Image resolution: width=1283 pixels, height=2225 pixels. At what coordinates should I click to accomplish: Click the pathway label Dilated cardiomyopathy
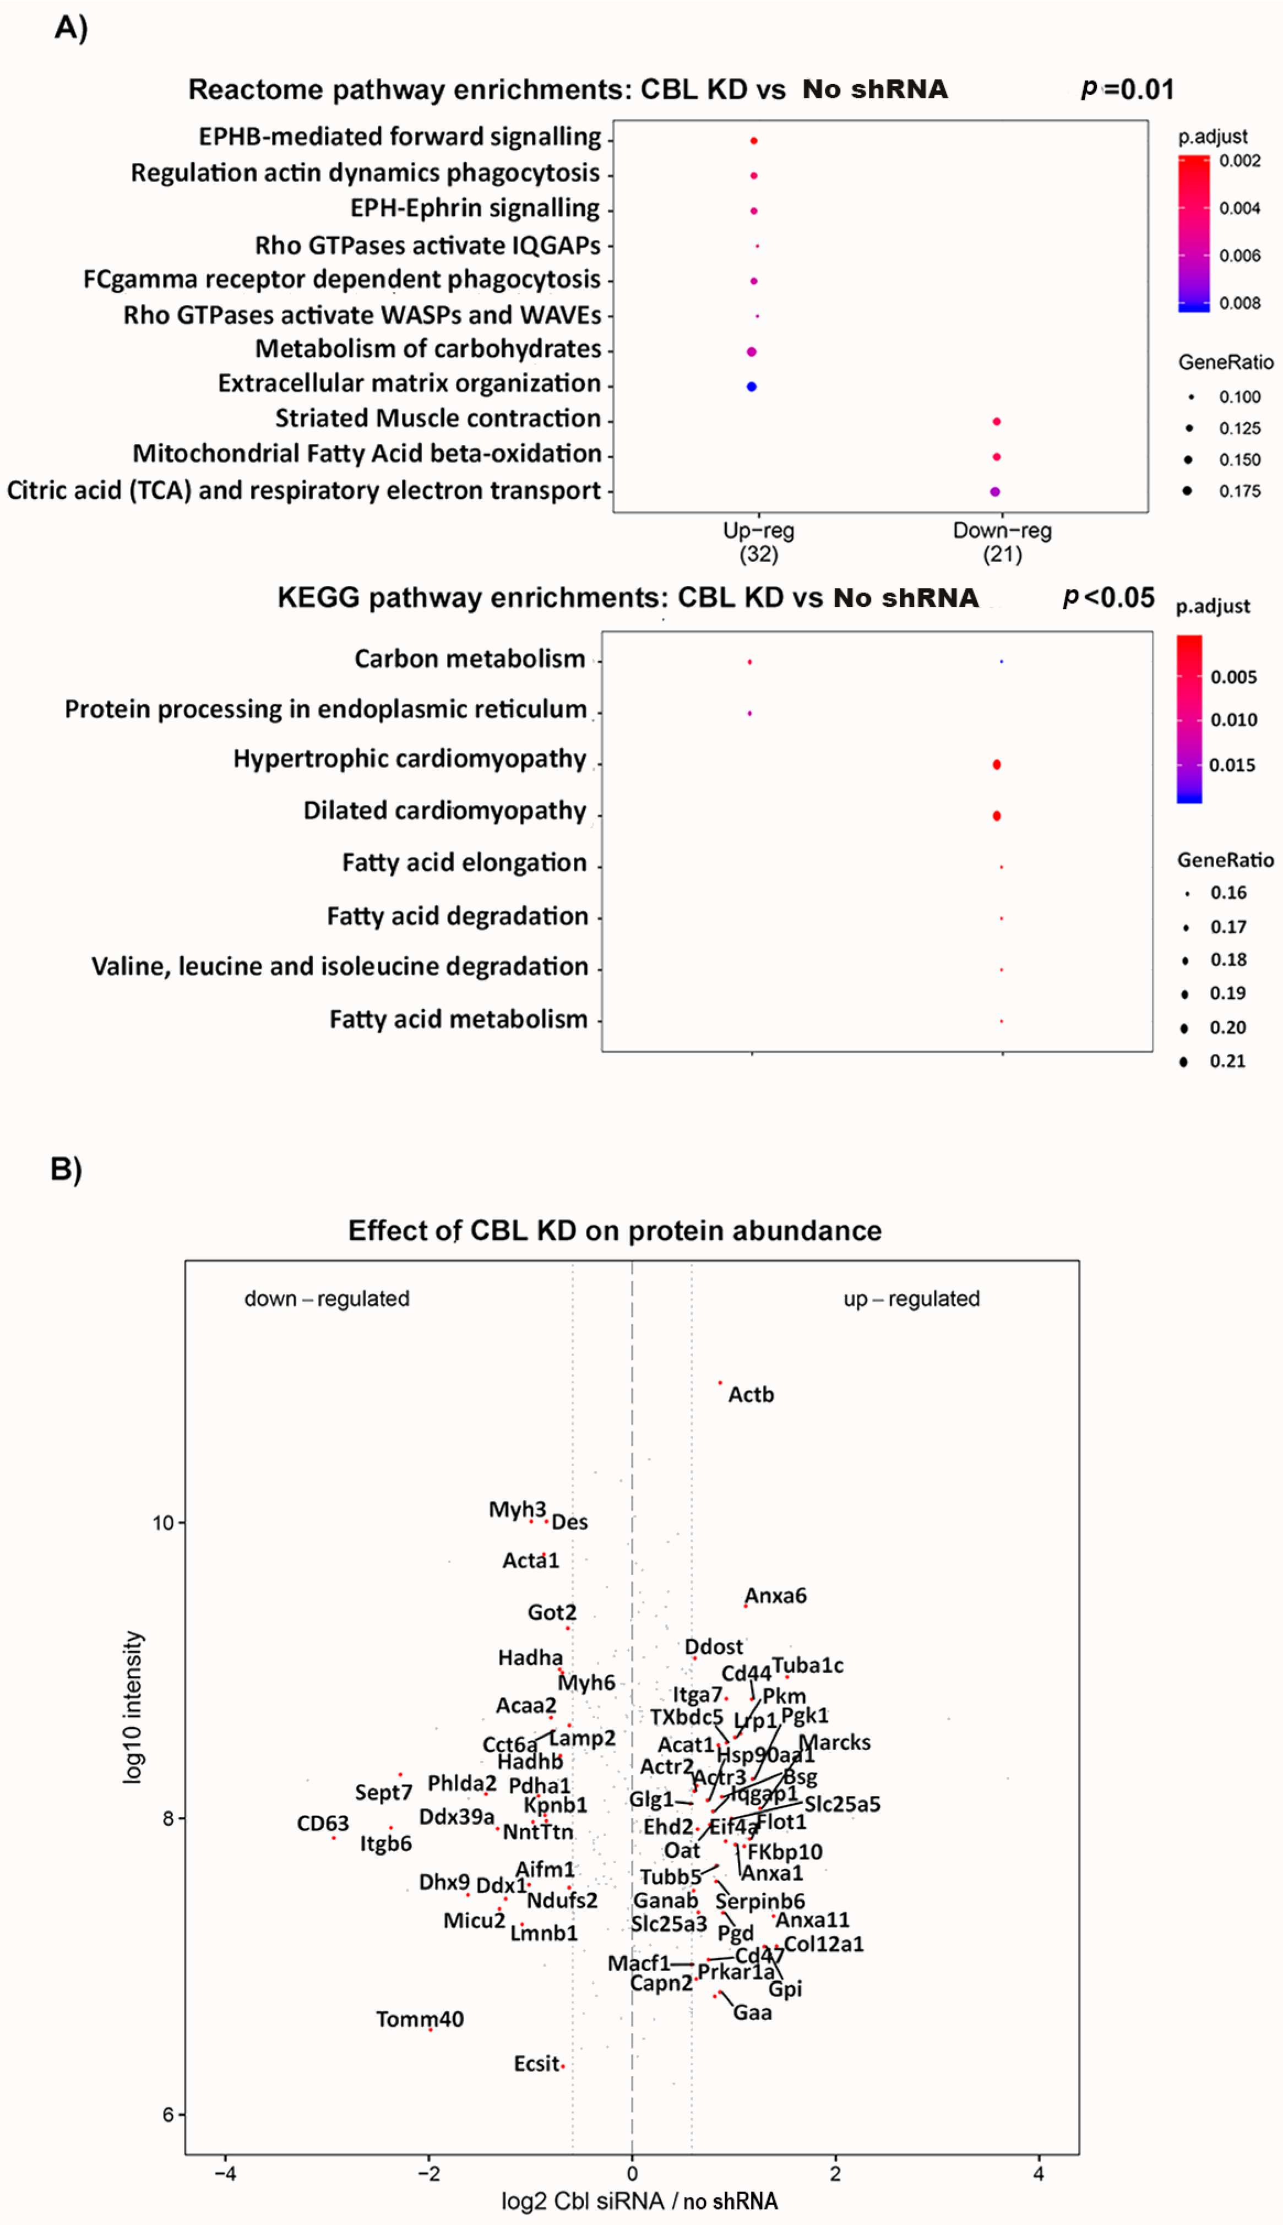(444, 810)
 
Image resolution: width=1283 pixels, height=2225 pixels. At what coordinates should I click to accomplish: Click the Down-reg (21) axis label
(1002, 542)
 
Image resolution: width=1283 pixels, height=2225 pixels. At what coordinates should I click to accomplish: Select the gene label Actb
(751, 1394)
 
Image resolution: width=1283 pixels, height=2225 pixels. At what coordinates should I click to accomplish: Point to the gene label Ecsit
(537, 2064)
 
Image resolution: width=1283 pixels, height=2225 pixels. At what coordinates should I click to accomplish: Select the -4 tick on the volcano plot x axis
(226, 2174)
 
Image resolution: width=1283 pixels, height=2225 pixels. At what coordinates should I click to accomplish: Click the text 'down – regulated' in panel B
(327, 1298)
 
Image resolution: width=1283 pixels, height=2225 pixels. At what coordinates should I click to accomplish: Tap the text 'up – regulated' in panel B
(911, 1298)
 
